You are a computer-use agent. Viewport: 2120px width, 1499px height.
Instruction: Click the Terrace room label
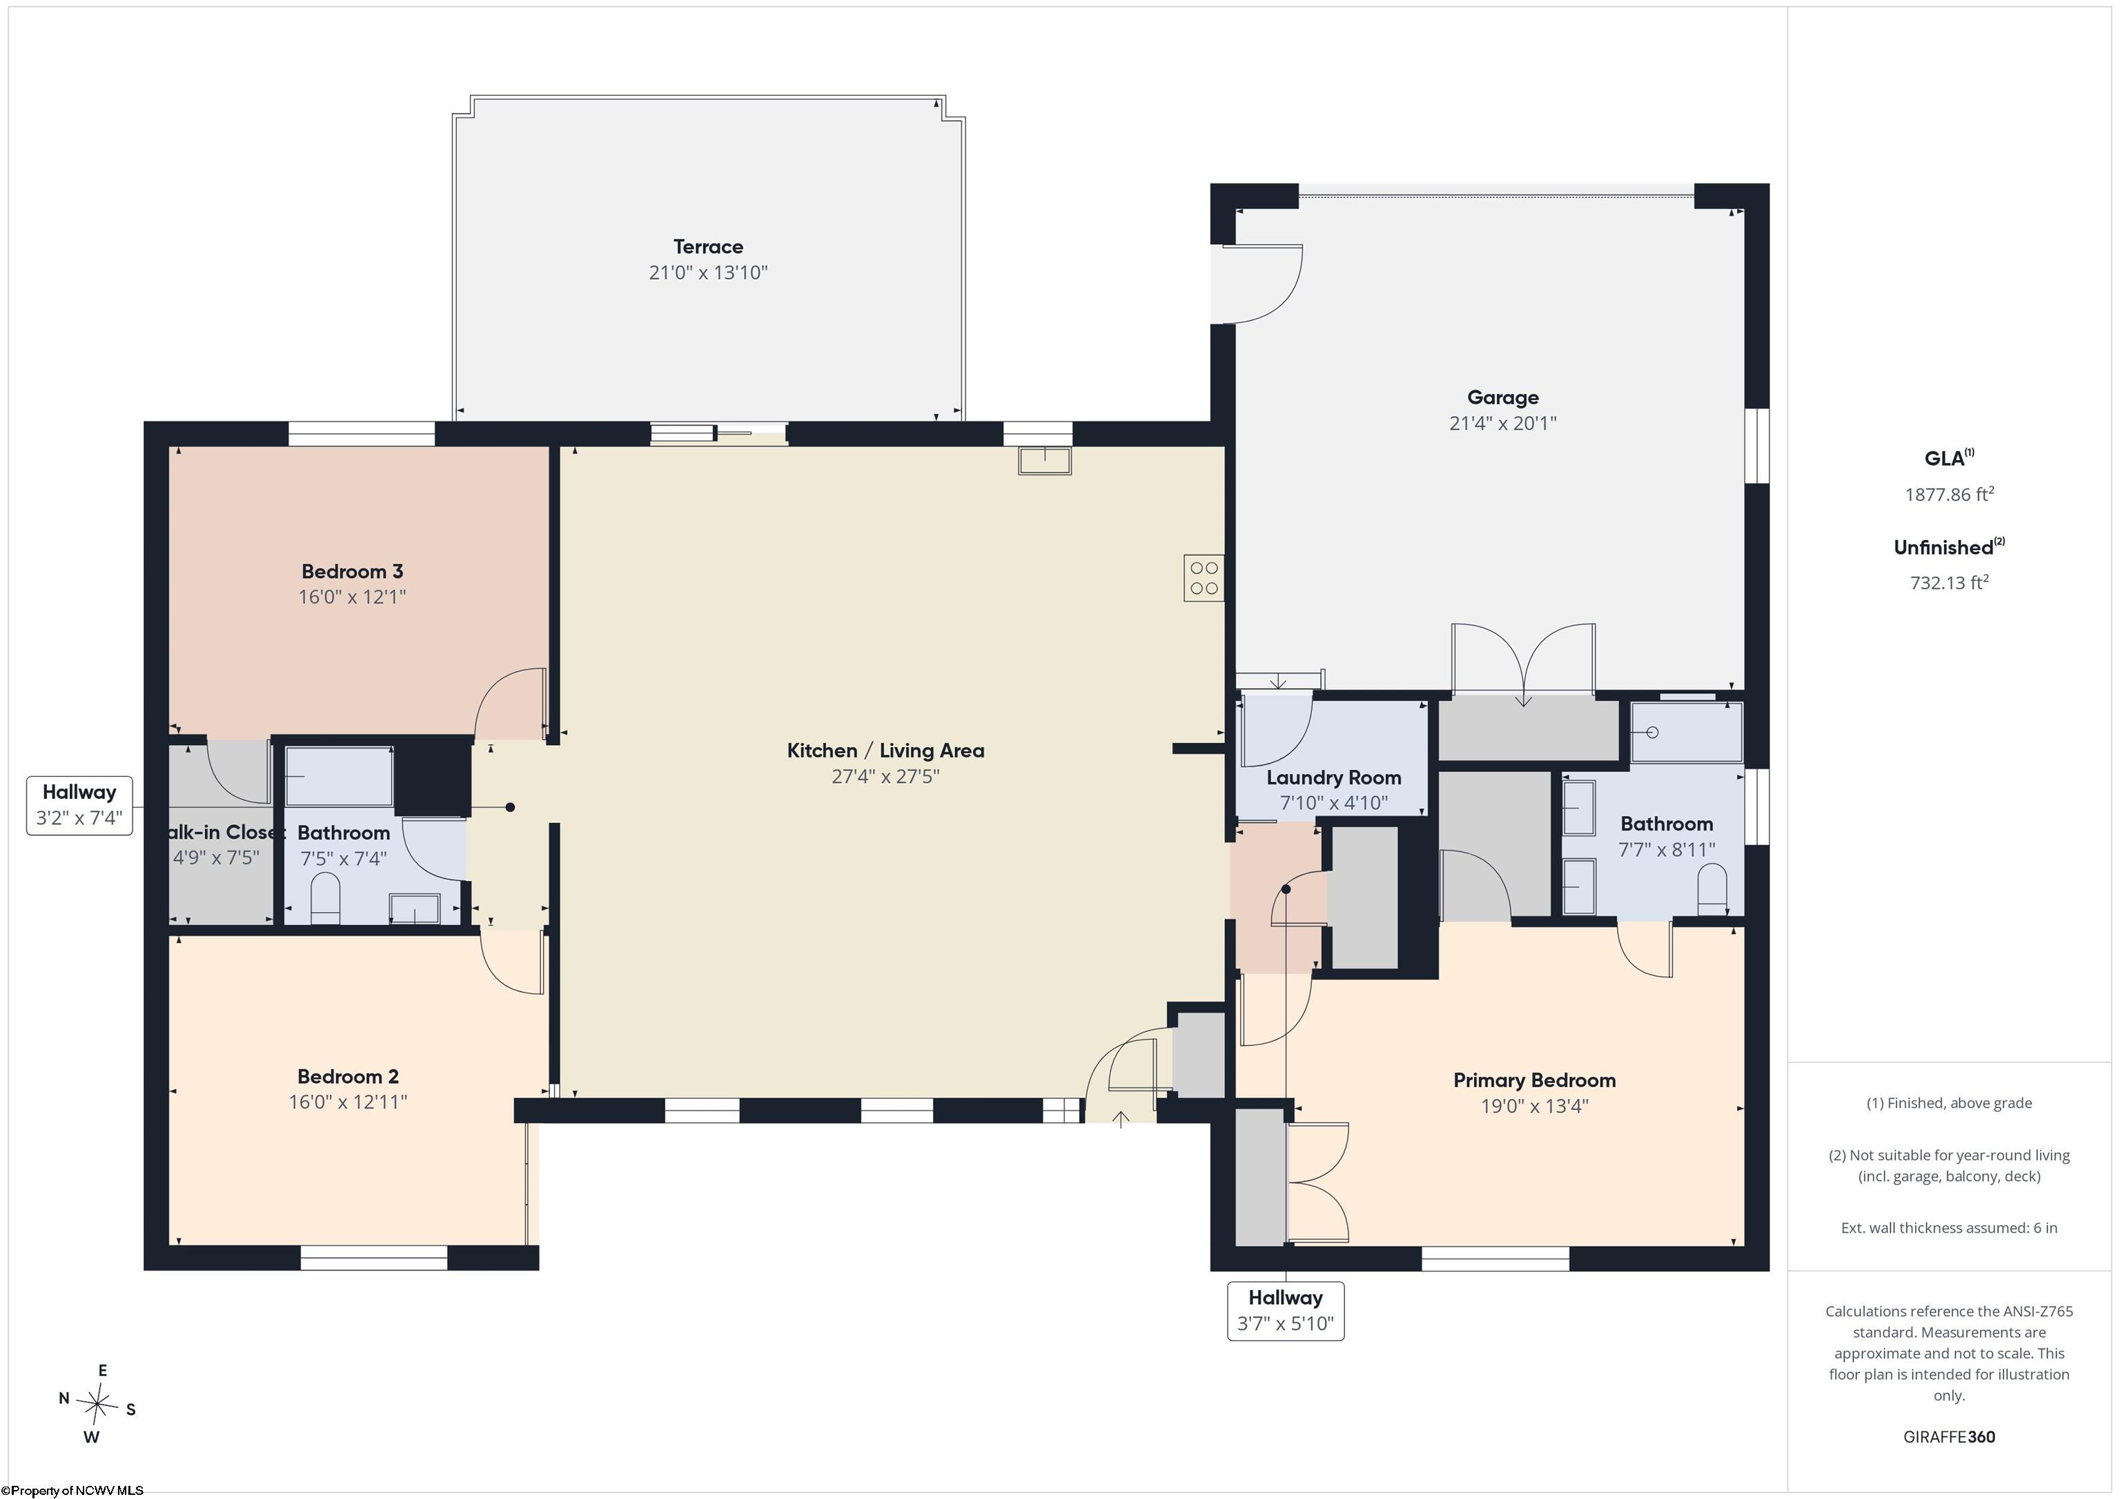click(708, 246)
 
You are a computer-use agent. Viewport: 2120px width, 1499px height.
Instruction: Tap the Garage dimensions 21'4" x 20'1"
click(1502, 424)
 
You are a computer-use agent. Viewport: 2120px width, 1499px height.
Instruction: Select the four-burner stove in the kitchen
click(1204, 579)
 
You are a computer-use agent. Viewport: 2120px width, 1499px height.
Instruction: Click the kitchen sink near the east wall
click(1046, 459)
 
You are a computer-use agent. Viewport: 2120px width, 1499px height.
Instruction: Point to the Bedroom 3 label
click(352, 571)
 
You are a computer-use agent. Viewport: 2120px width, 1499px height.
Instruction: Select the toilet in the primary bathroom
click(1712, 890)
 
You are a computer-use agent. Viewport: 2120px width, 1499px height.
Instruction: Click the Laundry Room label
click(1333, 778)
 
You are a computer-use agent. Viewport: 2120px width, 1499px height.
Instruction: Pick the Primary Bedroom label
click(1535, 1080)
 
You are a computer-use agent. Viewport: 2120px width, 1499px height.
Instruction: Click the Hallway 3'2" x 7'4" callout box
click(79, 805)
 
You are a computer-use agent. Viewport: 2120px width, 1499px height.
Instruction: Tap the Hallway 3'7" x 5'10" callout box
click(1285, 1311)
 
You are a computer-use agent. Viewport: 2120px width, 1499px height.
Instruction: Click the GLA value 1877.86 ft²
click(1949, 494)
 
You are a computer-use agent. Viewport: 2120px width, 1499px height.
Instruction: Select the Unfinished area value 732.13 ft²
click(1949, 582)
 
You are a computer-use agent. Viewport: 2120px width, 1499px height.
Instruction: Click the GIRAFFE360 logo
click(1949, 1437)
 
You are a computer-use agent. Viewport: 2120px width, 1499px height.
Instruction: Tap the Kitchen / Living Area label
click(885, 751)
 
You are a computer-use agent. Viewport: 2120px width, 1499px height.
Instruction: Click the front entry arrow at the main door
click(1121, 1120)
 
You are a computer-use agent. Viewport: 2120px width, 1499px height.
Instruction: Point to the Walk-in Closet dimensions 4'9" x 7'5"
click(216, 857)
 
